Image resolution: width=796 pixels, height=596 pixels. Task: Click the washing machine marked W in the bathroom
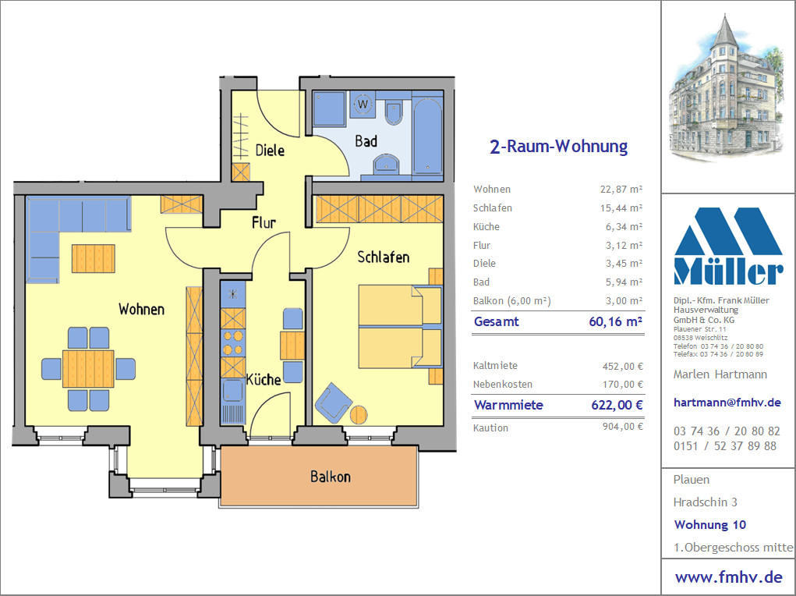point(363,105)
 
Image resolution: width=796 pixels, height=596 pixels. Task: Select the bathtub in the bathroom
point(427,135)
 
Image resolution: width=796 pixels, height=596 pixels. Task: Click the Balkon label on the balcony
point(331,477)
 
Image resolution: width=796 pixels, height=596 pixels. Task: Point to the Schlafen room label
point(384,257)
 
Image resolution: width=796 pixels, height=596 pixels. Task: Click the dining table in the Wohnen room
point(88,369)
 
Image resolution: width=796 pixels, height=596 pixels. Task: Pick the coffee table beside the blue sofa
point(94,259)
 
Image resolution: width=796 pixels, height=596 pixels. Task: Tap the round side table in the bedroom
point(359,414)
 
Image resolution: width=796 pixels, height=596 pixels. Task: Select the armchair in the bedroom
point(333,403)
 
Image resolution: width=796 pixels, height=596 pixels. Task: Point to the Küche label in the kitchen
point(264,379)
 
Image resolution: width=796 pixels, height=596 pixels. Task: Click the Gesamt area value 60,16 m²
point(616,321)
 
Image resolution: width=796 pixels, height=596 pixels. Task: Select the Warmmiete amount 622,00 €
point(617,405)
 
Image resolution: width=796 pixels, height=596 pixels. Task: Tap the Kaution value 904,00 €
point(623,427)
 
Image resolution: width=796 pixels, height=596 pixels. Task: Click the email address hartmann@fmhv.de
point(727,403)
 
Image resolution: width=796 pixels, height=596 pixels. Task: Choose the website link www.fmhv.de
point(728,577)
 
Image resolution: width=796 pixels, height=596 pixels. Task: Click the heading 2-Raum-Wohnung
point(558,147)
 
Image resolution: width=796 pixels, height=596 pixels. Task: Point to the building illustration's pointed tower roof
point(724,30)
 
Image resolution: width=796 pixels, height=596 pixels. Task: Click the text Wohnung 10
point(709,524)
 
